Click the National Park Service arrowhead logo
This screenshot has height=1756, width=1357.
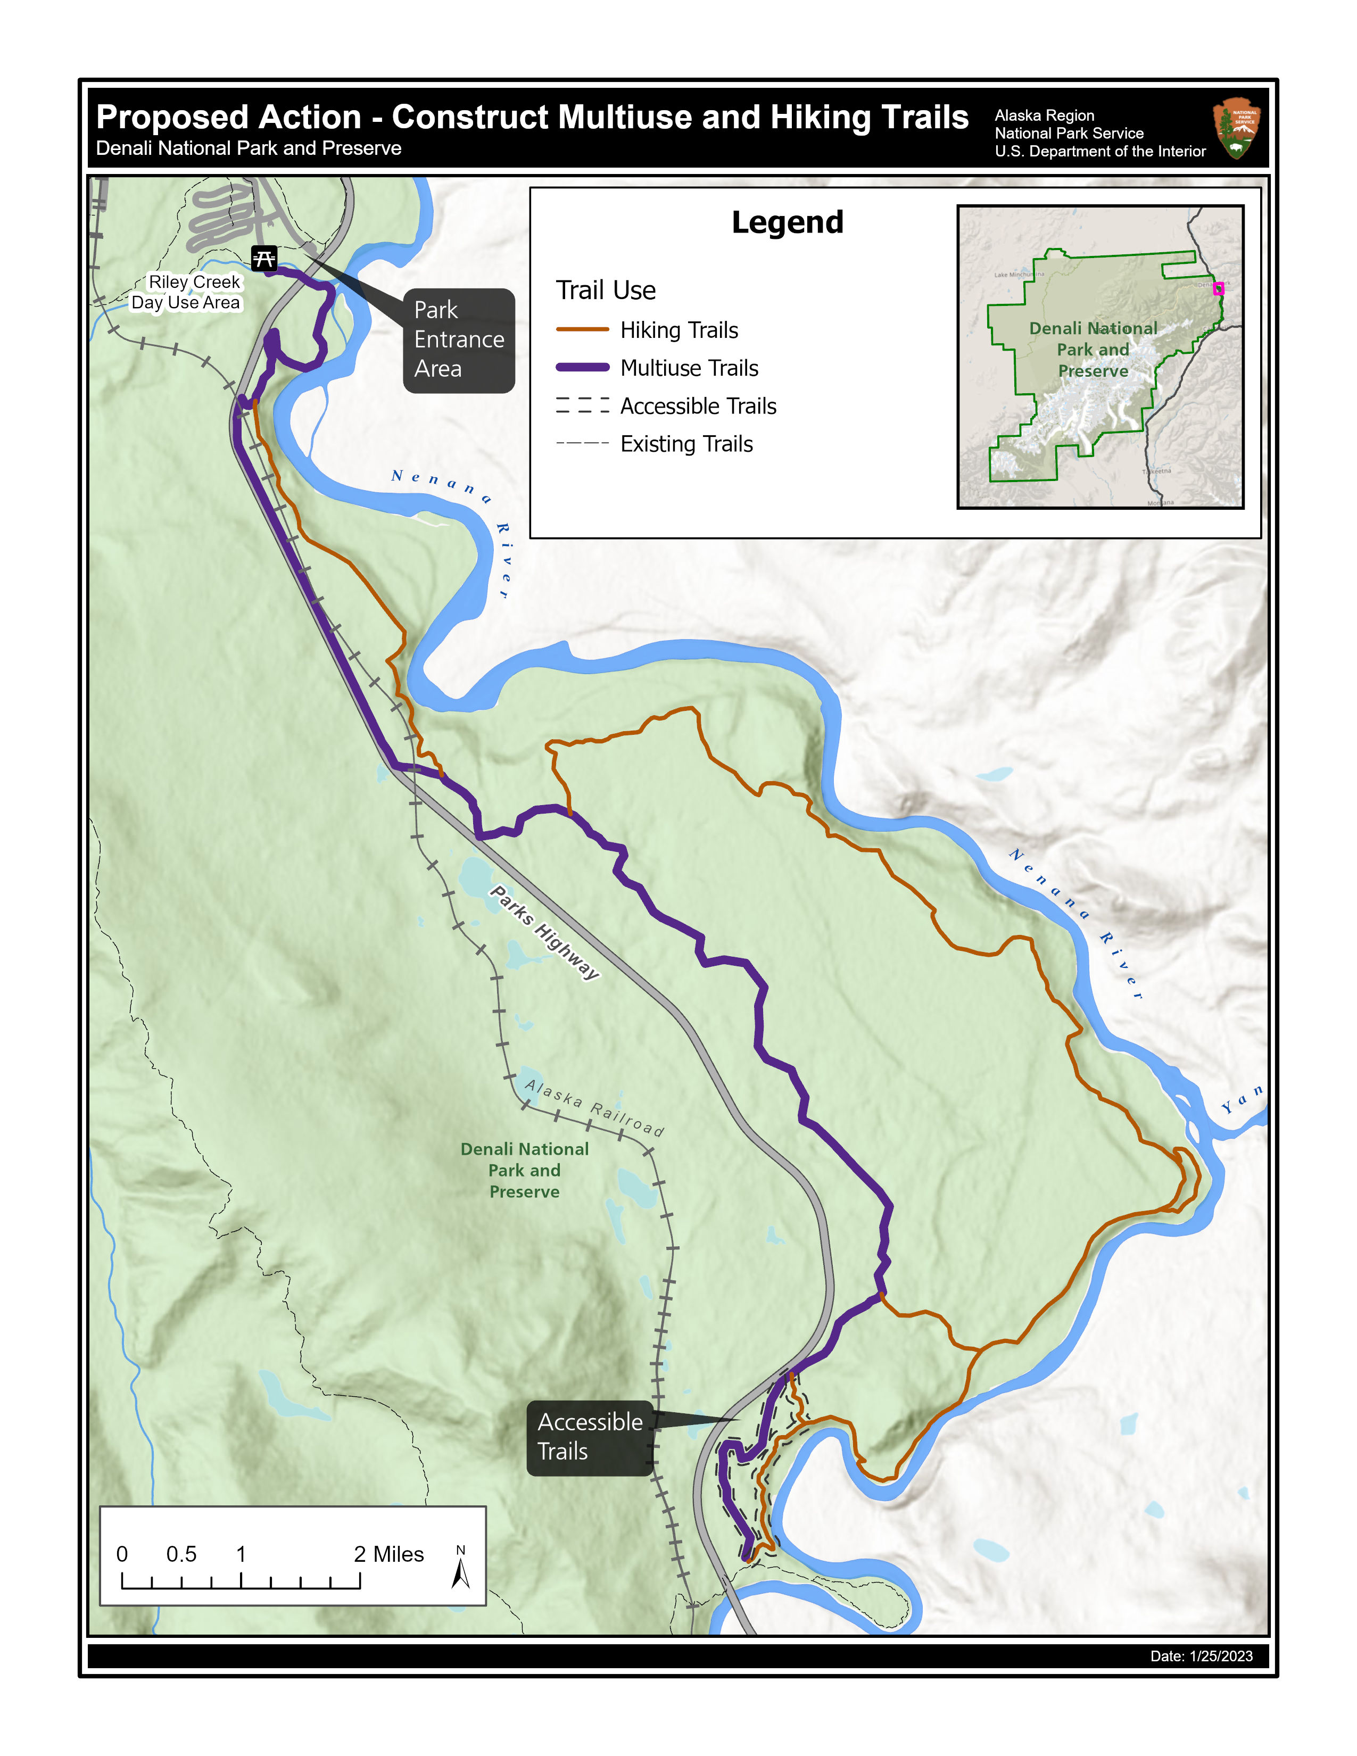(1236, 129)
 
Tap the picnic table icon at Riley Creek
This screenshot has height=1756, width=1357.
(263, 258)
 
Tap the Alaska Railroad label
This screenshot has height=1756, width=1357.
(594, 1108)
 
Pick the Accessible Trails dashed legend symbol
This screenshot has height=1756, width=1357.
(582, 405)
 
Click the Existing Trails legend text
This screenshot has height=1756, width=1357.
(686, 444)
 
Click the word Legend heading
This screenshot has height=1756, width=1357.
(787, 222)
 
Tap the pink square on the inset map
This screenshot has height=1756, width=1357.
(1218, 288)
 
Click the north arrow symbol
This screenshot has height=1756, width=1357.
(461, 1572)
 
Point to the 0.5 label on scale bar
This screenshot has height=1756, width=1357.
(181, 1553)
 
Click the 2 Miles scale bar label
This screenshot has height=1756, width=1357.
(388, 1553)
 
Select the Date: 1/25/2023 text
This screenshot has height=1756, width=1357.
(1201, 1655)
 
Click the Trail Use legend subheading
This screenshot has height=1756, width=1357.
(606, 290)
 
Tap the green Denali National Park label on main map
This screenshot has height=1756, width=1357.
(524, 1170)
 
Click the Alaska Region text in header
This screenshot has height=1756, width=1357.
(1044, 115)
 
